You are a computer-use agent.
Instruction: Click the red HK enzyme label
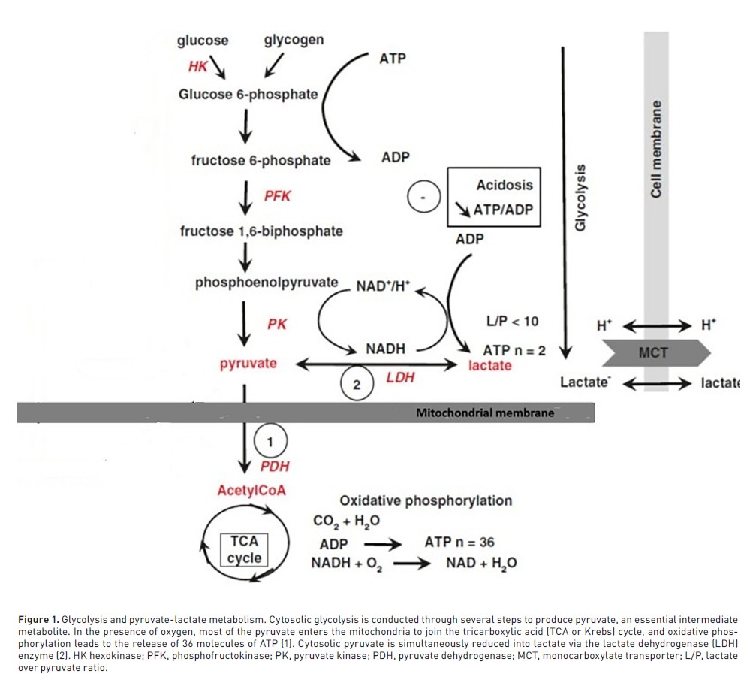[x=197, y=66]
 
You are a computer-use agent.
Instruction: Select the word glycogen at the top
[x=294, y=40]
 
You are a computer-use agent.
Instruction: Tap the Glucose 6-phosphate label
[x=248, y=95]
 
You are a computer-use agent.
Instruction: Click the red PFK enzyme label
[x=277, y=196]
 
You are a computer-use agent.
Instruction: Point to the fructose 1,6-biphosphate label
[x=261, y=231]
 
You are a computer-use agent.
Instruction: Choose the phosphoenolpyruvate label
[x=267, y=283]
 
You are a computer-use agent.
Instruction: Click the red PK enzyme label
[x=277, y=325]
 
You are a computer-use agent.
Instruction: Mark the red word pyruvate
[x=248, y=364]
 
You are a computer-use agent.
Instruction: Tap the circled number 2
[x=357, y=385]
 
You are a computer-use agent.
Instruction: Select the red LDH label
[x=400, y=377]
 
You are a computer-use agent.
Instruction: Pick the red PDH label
[x=274, y=467]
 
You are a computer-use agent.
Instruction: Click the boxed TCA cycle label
[x=245, y=549]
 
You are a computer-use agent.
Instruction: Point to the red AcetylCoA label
[x=251, y=491]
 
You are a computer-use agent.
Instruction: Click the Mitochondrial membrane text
[x=485, y=413]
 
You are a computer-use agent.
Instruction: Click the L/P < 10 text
[x=513, y=322]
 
